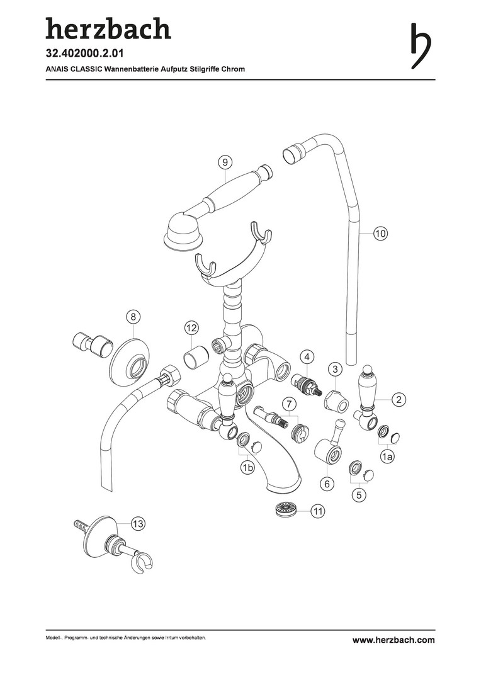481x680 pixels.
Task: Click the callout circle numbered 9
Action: coord(225,162)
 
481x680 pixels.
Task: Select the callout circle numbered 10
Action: coord(380,234)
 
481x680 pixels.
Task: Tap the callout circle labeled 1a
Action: coord(387,456)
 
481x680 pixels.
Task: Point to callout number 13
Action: coord(138,524)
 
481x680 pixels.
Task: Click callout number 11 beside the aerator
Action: coord(318,511)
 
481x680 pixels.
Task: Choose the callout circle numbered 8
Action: coord(133,317)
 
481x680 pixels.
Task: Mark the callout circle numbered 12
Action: coord(191,328)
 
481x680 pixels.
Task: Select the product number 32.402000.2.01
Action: coord(85,54)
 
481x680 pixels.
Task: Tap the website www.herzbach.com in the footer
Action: coord(393,640)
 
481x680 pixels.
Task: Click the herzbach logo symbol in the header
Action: coord(421,45)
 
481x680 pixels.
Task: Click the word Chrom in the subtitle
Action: coord(234,69)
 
